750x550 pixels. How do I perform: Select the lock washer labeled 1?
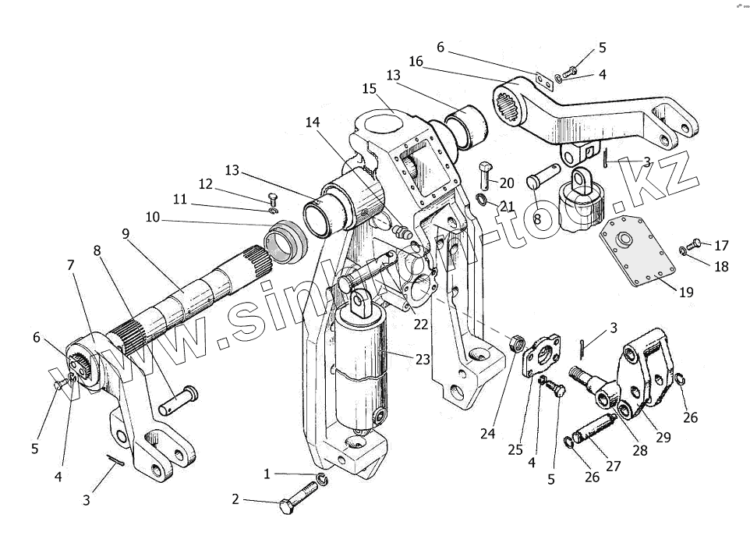(x=322, y=478)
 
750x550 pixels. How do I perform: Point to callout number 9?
(x=126, y=233)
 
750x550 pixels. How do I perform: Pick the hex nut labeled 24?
(x=515, y=342)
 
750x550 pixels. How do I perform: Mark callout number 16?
(x=416, y=62)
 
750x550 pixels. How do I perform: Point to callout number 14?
(x=313, y=122)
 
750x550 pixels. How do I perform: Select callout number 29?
(x=663, y=437)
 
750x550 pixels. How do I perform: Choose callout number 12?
(x=206, y=184)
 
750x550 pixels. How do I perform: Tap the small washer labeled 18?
(x=684, y=250)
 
